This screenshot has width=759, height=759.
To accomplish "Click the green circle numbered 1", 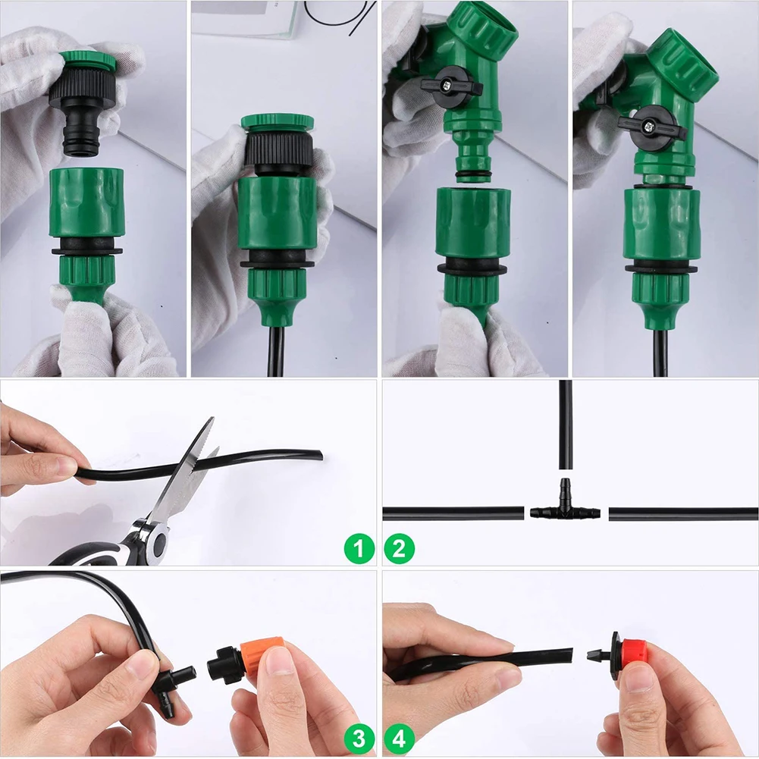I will (359, 548).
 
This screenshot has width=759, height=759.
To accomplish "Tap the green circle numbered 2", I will (400, 548).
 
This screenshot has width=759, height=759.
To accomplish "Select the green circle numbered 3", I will (359, 738).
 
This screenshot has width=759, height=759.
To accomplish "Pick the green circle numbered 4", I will (400, 738).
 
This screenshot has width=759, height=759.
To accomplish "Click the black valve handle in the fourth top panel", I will (651, 126).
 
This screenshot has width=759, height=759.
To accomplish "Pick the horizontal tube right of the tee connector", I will (682, 514).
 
